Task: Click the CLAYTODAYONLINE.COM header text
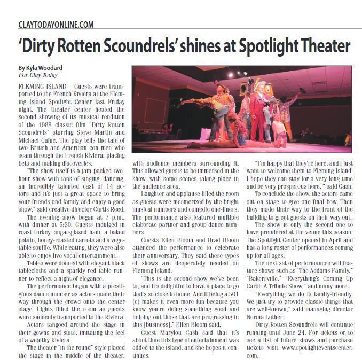point(56,25)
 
